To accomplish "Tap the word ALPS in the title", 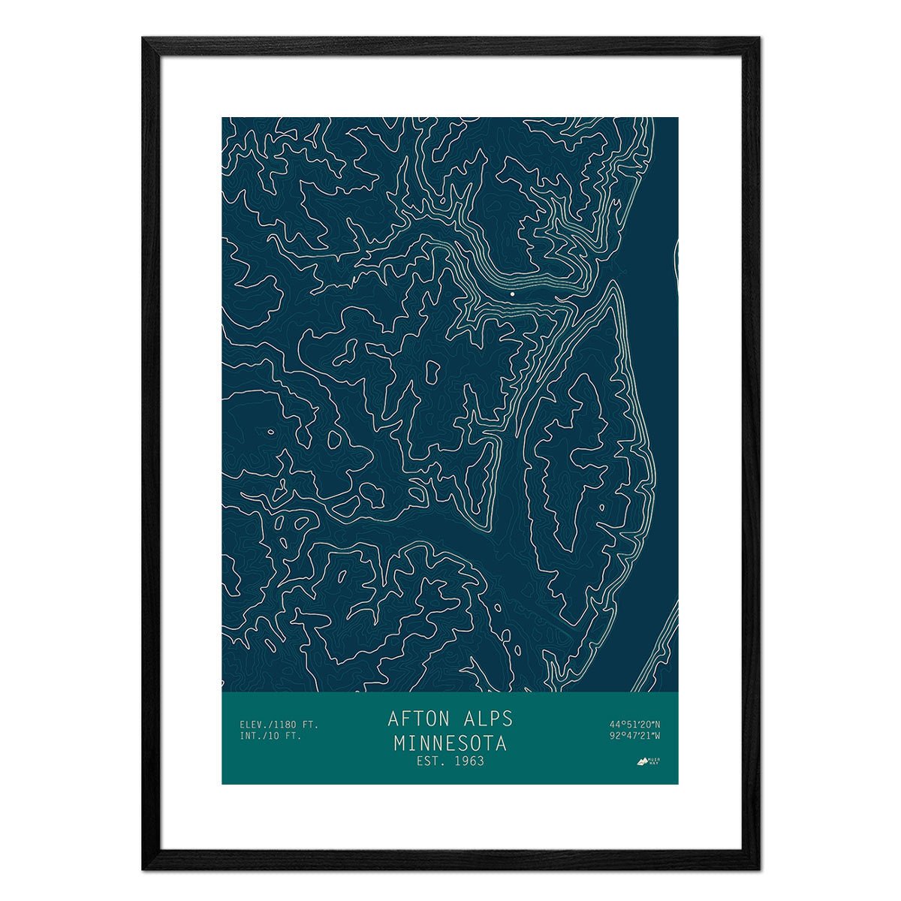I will tap(486, 719).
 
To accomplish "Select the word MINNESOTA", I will tap(450, 743).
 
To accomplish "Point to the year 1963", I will tap(468, 761).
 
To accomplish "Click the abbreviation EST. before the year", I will tap(429, 761).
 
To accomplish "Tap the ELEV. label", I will tap(252, 725).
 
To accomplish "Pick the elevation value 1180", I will tap(285, 725).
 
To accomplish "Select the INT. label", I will tap(249, 736).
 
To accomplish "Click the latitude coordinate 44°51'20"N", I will tap(634, 725).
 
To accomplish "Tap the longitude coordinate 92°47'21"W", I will tap(634, 736).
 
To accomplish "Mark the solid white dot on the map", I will tap(512, 294).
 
